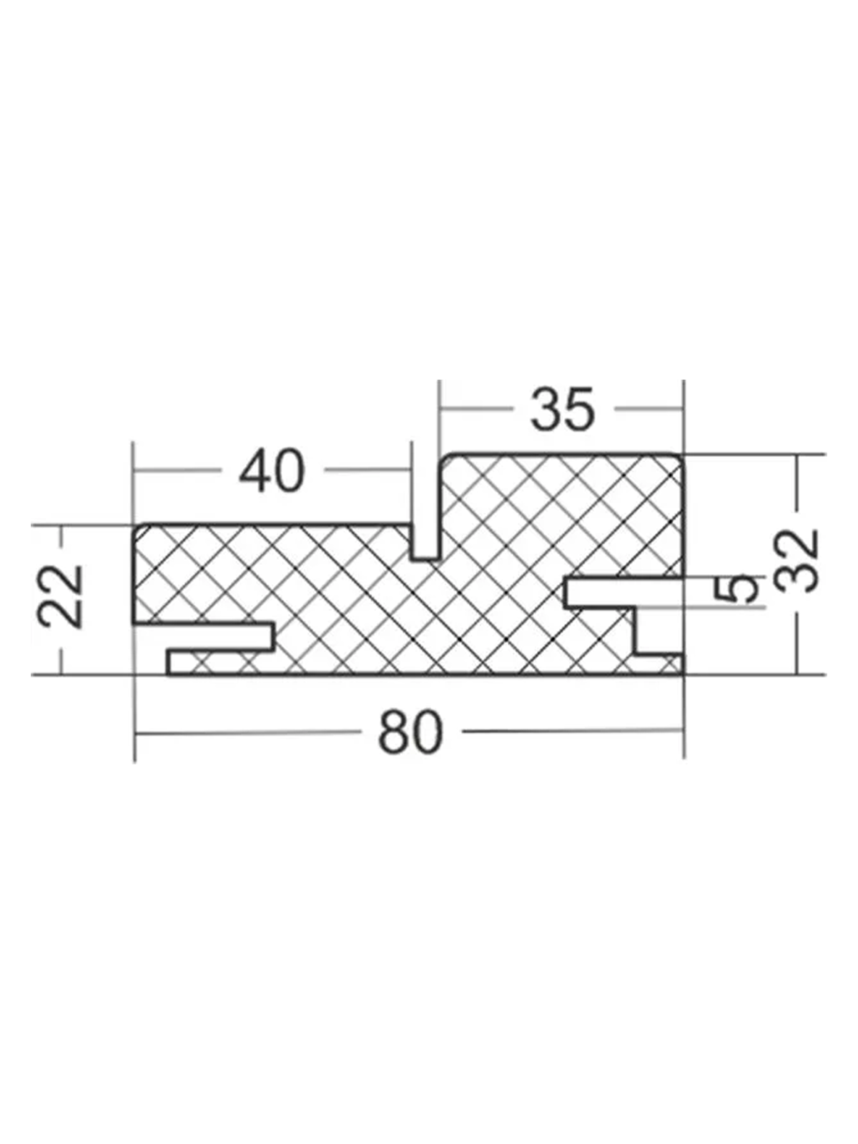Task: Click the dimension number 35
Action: click(x=562, y=409)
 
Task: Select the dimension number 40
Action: click(x=271, y=470)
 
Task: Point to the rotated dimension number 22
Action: click(x=61, y=596)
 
